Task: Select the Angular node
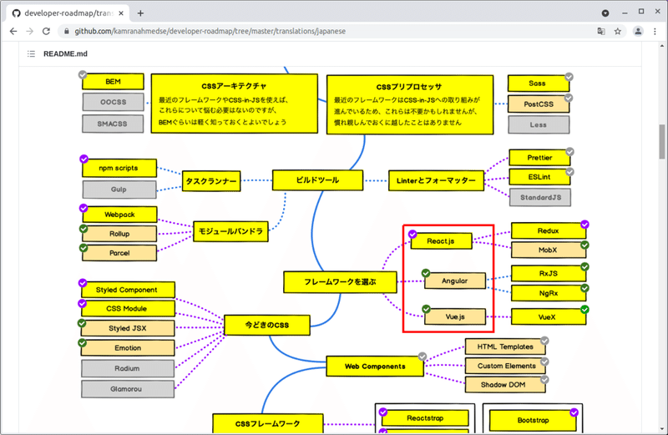pyautogui.click(x=455, y=281)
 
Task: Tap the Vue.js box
pyautogui.click(x=455, y=317)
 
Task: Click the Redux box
pyautogui.click(x=548, y=230)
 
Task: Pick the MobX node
pyautogui.click(x=548, y=250)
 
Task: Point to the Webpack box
pyautogui.click(x=119, y=215)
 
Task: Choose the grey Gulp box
pyautogui.click(x=119, y=190)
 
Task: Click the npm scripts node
pyautogui.click(x=119, y=168)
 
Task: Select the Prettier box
pyautogui.click(x=539, y=157)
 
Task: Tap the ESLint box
pyautogui.click(x=539, y=177)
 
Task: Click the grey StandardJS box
pyautogui.click(x=539, y=198)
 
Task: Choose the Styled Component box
pyautogui.click(x=127, y=290)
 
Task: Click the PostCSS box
pyautogui.click(x=539, y=104)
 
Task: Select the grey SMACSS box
pyautogui.click(x=113, y=124)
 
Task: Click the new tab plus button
pyautogui.click(x=140, y=13)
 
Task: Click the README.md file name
pyautogui.click(x=66, y=54)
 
